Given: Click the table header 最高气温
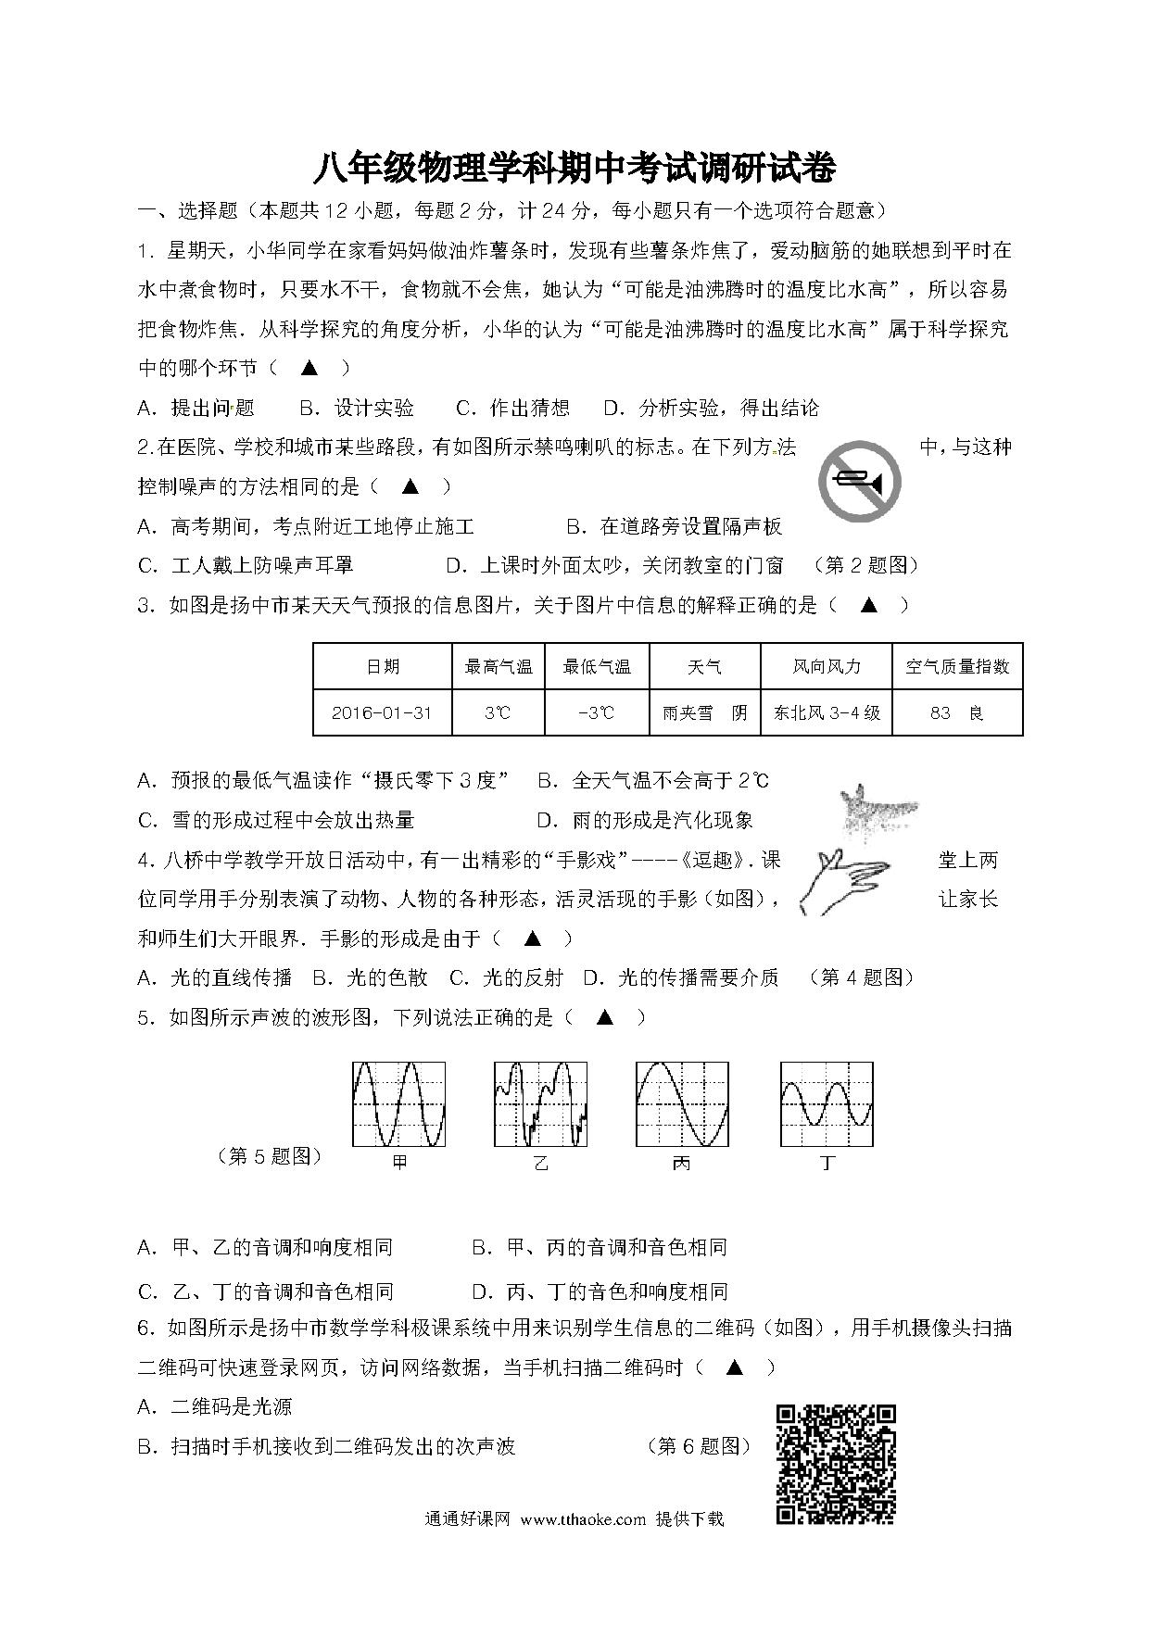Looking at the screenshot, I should pos(499,666).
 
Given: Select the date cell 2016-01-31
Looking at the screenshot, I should pos(382,712).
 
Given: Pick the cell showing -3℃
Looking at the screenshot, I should pos(597,712).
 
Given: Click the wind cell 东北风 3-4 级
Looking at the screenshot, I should pos(826,712).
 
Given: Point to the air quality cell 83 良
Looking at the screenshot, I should pos(956,712).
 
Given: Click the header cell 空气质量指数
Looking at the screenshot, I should pos(956,666).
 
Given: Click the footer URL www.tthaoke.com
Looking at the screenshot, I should pos(583,1519).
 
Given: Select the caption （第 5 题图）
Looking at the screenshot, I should pos(269,1156).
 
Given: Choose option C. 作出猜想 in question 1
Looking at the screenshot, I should pos(512,408).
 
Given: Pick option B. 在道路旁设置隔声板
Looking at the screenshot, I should pos(675,526).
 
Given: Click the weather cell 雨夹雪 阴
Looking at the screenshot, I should pos(704,712).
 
